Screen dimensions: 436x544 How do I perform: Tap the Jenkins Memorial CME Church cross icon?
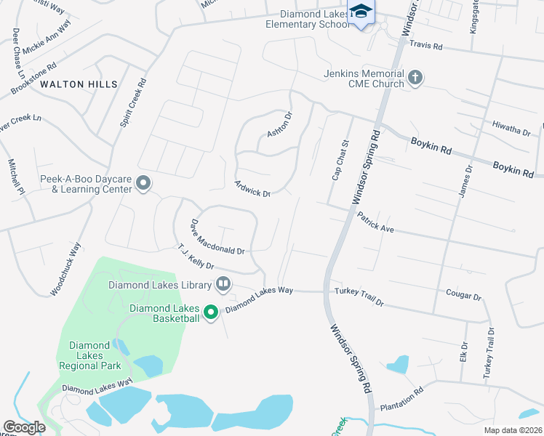coord(415,78)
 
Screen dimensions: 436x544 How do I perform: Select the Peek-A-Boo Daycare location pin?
coord(143,183)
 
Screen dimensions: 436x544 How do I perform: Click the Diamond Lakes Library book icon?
coord(223,284)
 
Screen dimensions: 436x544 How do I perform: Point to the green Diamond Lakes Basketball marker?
coord(211,312)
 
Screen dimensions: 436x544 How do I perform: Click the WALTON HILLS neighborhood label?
coord(79,84)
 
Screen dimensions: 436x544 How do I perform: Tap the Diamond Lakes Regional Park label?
coord(90,355)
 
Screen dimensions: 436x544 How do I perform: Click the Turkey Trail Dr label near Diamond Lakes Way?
coord(359,296)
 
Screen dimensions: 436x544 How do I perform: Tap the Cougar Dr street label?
coord(464,296)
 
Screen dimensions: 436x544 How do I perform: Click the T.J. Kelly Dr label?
coord(196,256)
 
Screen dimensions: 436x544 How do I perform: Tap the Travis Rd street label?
coord(425,46)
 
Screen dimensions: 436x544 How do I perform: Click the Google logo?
coord(24,427)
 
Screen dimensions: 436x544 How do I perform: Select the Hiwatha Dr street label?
coord(511,129)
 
